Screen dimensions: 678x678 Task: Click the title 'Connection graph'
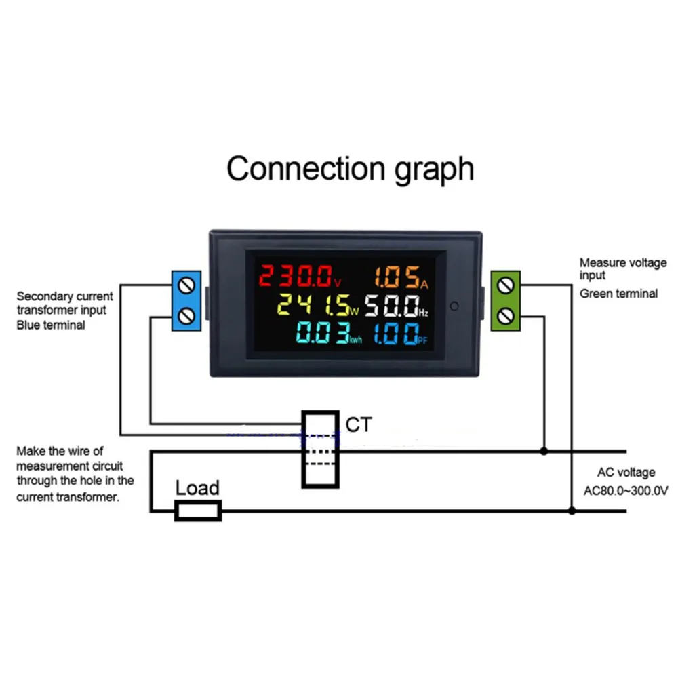point(350,168)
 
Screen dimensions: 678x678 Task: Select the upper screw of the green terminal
point(505,285)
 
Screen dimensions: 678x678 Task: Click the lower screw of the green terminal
point(505,315)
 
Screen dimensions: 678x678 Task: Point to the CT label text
point(359,425)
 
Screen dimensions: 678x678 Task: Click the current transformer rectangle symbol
point(320,449)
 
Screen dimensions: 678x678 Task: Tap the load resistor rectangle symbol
point(198,511)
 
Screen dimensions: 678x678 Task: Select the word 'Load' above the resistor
point(197,487)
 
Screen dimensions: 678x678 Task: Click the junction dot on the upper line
point(544,450)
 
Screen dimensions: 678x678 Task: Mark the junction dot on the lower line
point(572,511)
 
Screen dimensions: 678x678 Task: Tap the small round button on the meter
point(454,305)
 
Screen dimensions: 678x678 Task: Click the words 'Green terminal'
point(618,294)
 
